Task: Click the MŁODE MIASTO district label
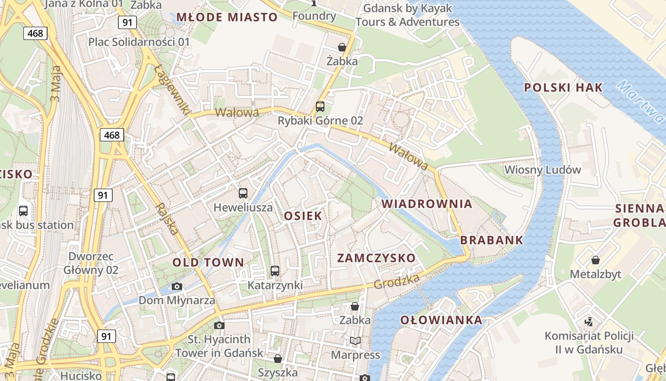[x=227, y=18]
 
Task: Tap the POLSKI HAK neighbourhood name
[x=563, y=88]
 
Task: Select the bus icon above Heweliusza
[x=243, y=193]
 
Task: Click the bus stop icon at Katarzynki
[x=275, y=271]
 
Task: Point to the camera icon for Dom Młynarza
[x=177, y=286]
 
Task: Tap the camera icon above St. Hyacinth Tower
[x=219, y=326]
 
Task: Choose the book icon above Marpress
[x=355, y=341]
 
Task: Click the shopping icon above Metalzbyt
[x=595, y=260]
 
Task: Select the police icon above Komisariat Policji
[x=589, y=322]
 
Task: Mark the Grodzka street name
[x=397, y=281]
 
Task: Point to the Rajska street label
[x=167, y=219]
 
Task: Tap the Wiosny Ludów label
[x=543, y=170]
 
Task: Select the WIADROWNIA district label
[x=427, y=204]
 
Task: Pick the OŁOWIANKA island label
[x=441, y=320]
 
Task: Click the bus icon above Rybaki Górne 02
[x=320, y=107]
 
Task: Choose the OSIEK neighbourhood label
[x=303, y=216]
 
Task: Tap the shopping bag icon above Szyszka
[x=278, y=358]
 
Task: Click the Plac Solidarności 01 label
[x=139, y=42]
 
